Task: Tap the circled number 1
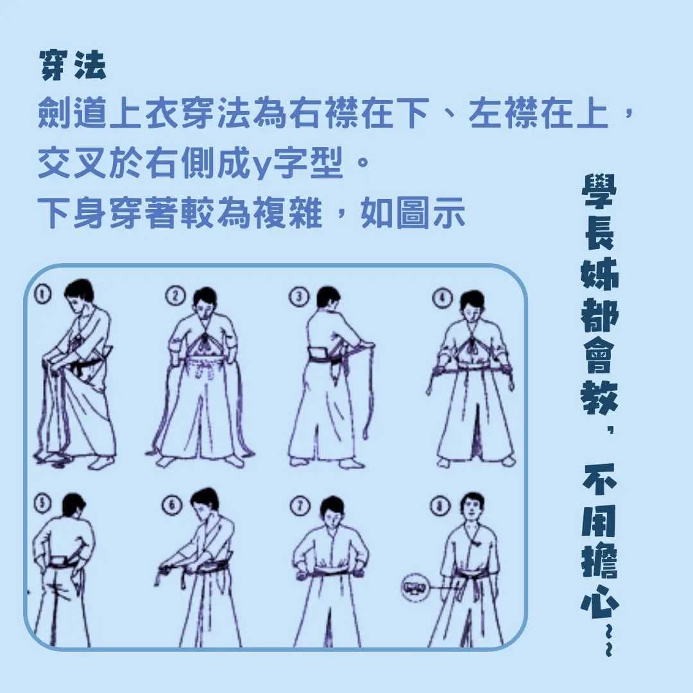42,295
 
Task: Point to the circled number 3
299,296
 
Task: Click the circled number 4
442,298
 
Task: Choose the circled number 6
172,504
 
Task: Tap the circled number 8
440,505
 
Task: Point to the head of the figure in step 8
472,508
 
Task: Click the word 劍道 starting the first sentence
72,113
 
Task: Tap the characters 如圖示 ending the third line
412,212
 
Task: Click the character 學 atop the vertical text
599,191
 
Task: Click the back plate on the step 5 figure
60,561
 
